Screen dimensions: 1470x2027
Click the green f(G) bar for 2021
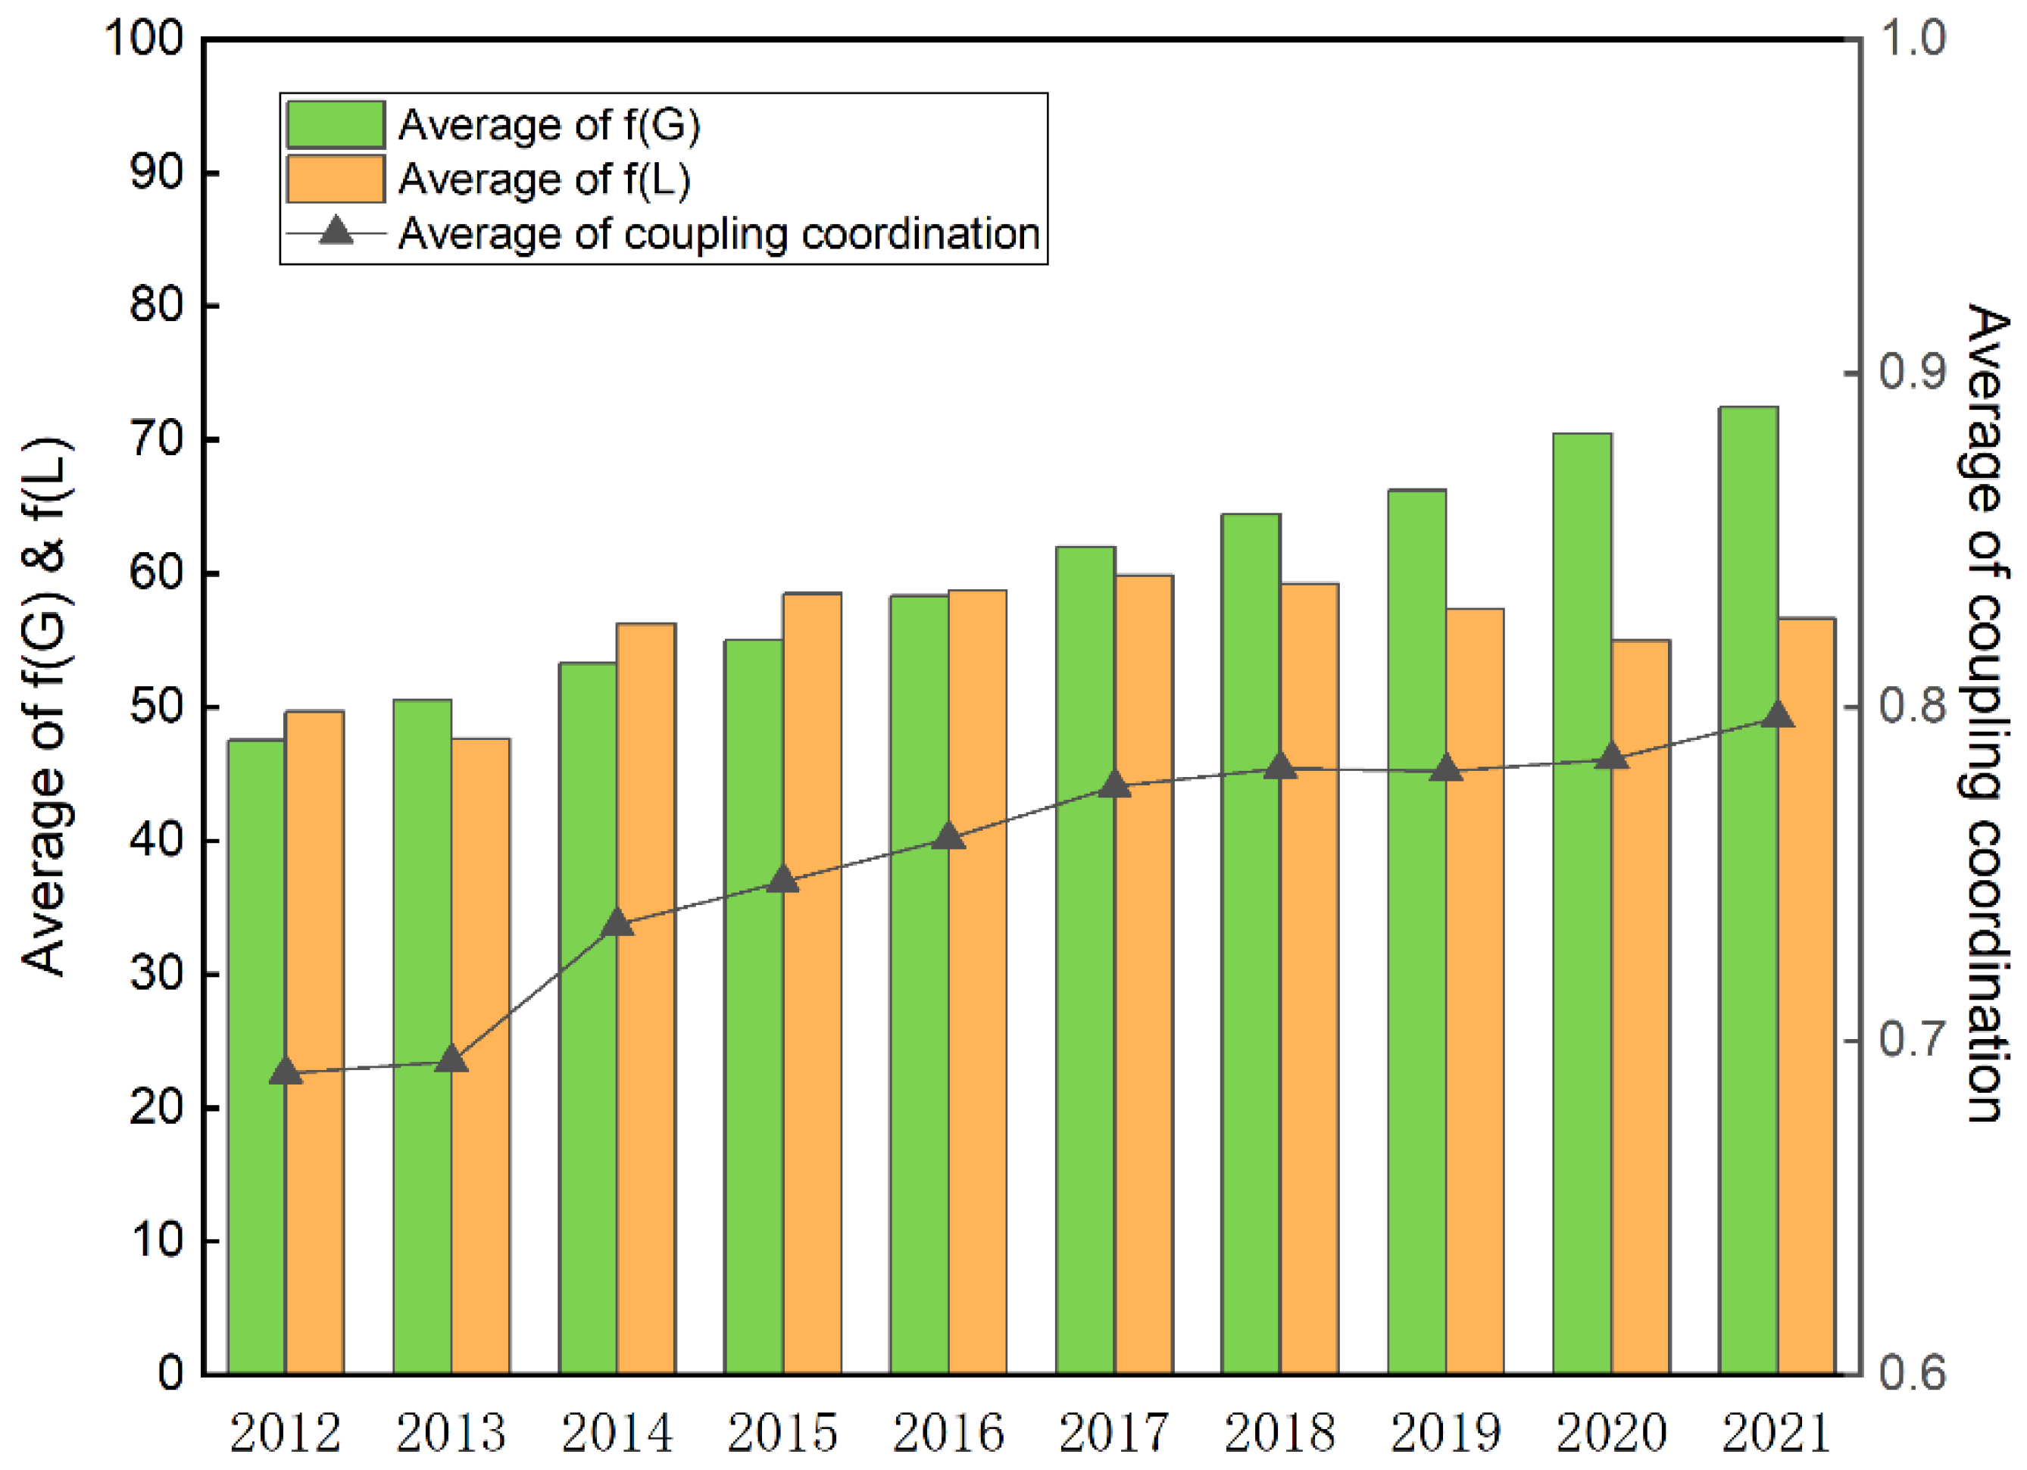pos(1747,894)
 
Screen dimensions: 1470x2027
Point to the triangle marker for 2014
pos(617,923)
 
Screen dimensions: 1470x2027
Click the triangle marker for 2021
pos(1777,716)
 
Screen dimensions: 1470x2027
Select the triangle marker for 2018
pos(1281,766)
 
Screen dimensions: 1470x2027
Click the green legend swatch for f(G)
pos(335,124)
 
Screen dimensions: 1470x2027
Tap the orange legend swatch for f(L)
pos(335,179)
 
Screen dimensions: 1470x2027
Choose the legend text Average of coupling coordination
pos(719,234)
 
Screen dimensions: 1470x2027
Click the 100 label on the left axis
pos(145,39)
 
